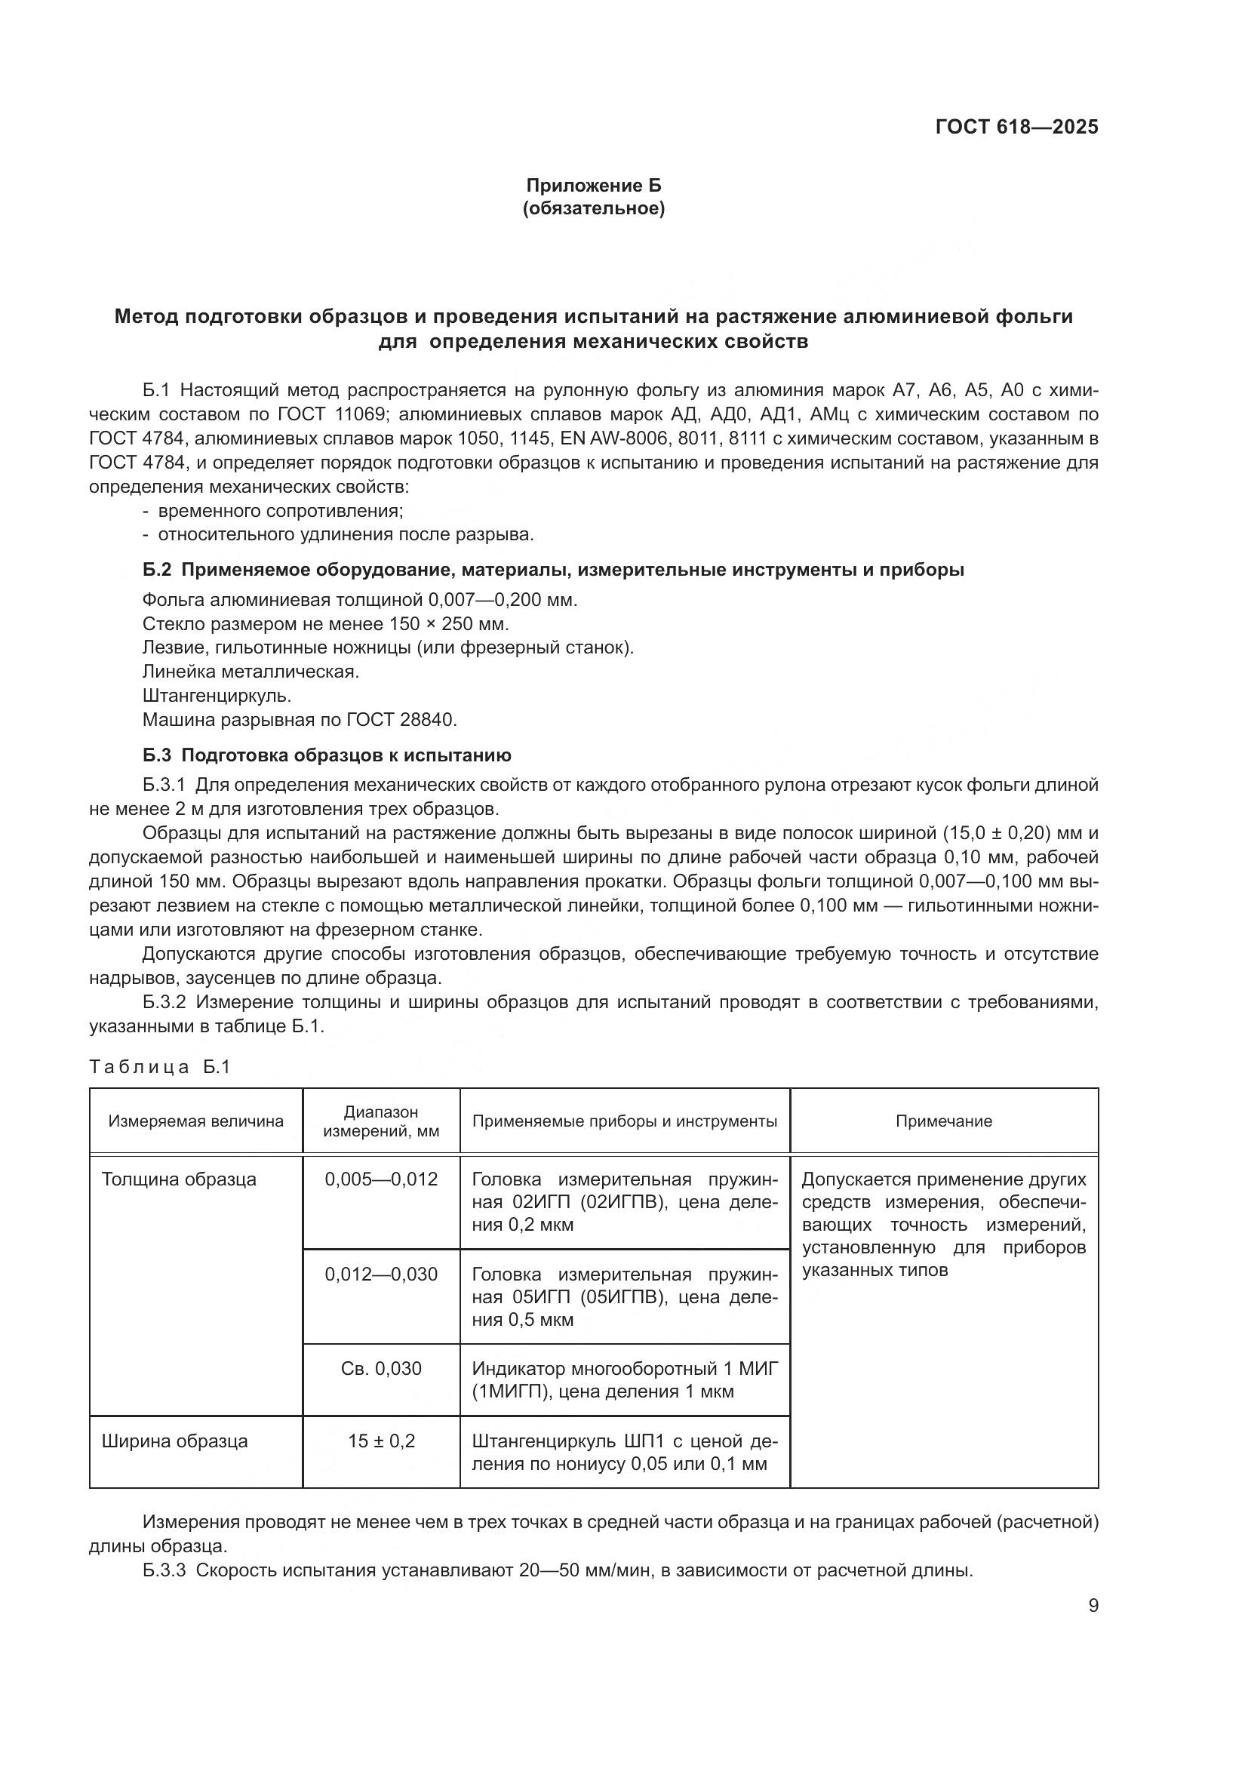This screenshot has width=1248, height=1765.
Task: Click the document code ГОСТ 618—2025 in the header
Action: click(1016, 127)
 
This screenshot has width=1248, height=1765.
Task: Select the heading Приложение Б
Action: click(593, 186)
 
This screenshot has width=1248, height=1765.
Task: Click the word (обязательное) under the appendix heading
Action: click(593, 208)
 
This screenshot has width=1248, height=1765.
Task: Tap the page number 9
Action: click(1093, 1606)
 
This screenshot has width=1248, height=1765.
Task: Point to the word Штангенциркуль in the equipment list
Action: click(217, 696)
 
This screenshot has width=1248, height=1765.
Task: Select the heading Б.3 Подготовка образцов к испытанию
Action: click(327, 755)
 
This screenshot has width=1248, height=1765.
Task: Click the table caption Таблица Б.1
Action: click(160, 1067)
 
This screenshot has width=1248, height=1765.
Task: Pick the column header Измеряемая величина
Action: click(196, 1121)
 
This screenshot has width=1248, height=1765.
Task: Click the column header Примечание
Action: click(944, 1121)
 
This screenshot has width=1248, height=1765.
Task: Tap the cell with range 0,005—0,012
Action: click(381, 1179)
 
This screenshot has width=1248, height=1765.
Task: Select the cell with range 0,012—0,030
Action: click(381, 1275)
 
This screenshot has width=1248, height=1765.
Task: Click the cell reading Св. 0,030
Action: click(381, 1368)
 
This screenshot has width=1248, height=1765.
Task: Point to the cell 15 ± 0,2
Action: click(381, 1441)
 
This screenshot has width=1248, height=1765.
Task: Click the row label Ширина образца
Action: click(174, 1441)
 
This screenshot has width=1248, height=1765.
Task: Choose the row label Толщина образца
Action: click(179, 1179)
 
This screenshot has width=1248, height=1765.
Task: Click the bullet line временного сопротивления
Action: click(281, 510)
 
